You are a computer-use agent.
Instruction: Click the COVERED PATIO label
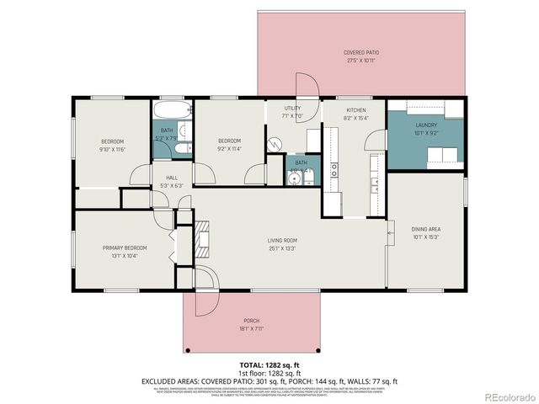[x=360, y=52]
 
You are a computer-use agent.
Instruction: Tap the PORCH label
[x=251, y=320]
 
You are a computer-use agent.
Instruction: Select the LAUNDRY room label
[x=426, y=125]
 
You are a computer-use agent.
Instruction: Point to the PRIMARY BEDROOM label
[x=125, y=247]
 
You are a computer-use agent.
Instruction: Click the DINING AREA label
[x=425, y=229]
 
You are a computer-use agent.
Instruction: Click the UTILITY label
[x=292, y=109]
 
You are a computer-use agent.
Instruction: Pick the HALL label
[x=172, y=178]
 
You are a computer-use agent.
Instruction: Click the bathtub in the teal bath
[x=172, y=111]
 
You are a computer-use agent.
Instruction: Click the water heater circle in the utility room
[x=276, y=144]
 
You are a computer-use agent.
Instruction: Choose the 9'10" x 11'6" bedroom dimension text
[x=113, y=149]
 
